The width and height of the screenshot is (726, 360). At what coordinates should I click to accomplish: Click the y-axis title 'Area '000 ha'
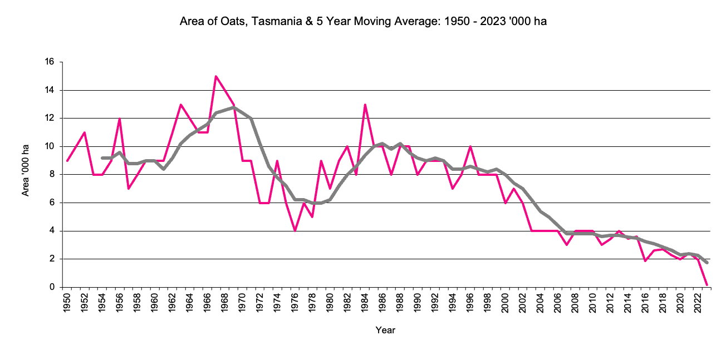[26, 170]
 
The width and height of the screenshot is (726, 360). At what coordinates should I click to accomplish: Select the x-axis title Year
[385, 330]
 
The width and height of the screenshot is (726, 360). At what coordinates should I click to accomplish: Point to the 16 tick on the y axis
[50, 62]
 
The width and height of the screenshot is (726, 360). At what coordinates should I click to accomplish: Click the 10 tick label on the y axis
[50, 146]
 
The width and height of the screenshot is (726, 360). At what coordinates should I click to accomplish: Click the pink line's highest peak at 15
[216, 76]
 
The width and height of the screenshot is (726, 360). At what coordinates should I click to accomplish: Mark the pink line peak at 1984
[365, 105]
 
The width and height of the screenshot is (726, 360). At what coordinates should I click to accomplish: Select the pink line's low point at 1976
[295, 230]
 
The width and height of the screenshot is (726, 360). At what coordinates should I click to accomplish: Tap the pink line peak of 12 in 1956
[120, 119]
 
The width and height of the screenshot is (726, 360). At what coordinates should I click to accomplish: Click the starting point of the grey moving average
[102, 158]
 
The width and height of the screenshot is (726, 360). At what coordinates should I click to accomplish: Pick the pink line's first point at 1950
[67, 160]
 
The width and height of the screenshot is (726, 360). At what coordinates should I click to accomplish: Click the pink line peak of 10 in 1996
[470, 146]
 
